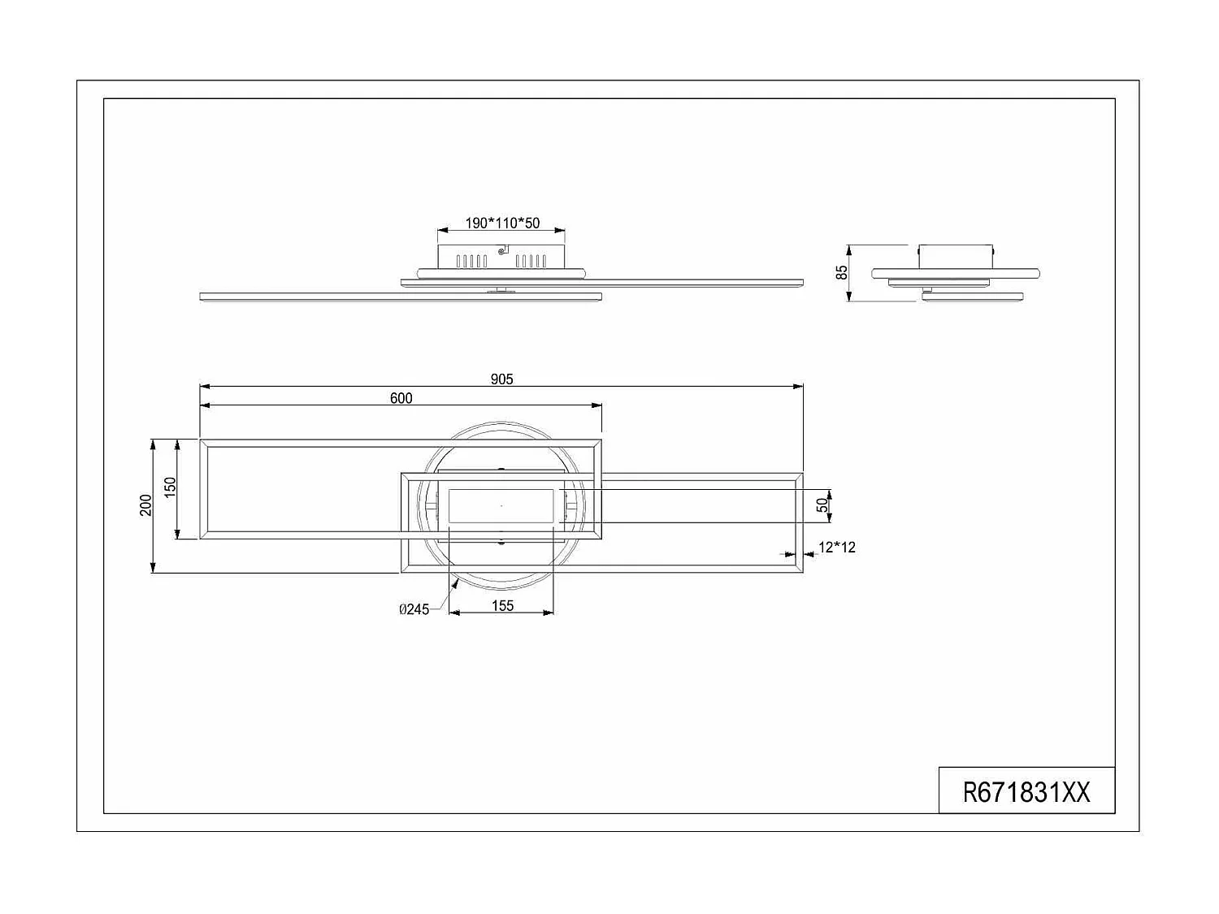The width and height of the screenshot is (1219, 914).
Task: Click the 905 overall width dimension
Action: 501,379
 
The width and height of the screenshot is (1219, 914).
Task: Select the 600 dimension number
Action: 401,398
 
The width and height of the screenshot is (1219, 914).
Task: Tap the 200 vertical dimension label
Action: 145,505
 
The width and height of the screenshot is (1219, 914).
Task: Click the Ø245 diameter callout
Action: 414,609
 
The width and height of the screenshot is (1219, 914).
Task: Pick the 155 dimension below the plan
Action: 502,605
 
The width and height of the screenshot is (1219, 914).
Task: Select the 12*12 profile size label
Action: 836,548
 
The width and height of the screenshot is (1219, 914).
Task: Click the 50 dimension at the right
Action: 822,505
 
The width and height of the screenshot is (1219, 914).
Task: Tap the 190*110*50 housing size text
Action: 502,223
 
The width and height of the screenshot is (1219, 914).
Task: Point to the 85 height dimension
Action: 842,272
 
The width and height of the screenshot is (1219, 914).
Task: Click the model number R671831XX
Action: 1026,791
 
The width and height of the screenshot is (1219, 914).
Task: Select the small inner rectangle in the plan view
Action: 501,506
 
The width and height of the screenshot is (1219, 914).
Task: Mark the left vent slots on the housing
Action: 471,261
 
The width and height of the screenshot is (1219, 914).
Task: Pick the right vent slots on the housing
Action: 532,261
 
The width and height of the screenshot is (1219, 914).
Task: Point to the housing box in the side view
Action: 956,255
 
